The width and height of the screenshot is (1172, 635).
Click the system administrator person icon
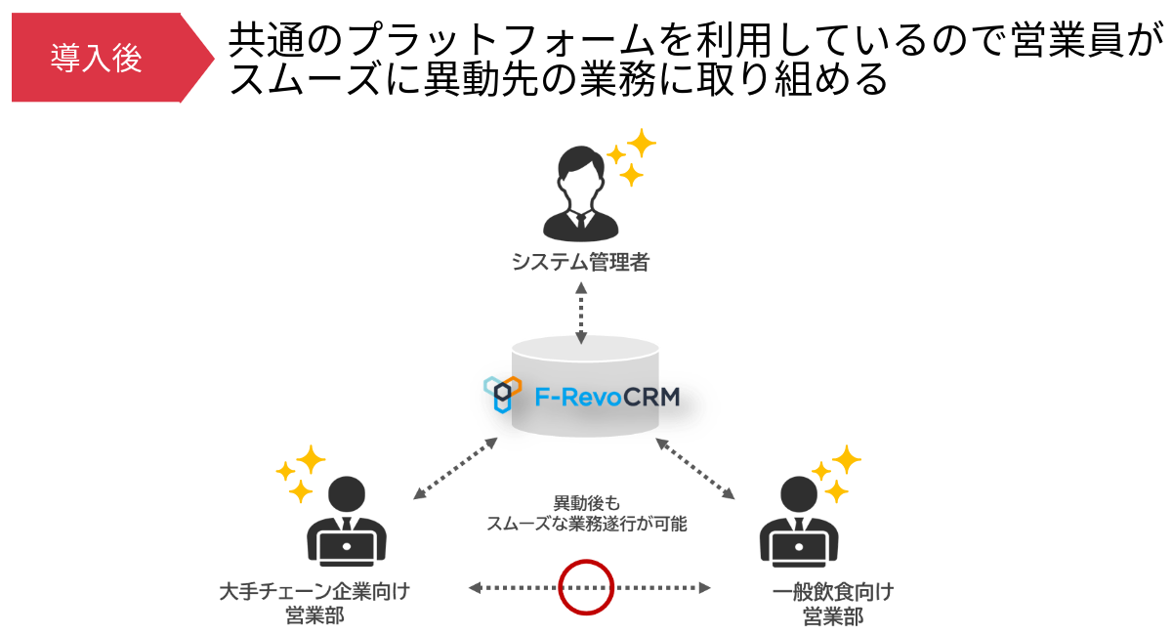point(581,195)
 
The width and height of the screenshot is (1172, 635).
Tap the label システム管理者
point(580,262)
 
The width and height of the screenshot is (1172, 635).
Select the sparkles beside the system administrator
point(632,156)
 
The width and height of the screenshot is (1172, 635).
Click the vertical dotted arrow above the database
point(581,313)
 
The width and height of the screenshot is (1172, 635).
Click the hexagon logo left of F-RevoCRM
point(502,394)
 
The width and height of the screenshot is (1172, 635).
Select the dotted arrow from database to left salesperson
point(455,468)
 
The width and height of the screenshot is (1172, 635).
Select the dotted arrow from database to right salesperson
point(695,469)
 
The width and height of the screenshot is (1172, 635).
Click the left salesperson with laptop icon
point(347,523)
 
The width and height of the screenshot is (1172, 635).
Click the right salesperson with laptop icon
point(799,523)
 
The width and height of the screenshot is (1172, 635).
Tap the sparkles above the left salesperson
point(302,473)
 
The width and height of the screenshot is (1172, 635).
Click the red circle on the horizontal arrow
point(585,587)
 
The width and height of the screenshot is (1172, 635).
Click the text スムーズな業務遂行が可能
point(586,525)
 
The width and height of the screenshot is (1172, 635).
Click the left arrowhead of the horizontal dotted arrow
point(474,587)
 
